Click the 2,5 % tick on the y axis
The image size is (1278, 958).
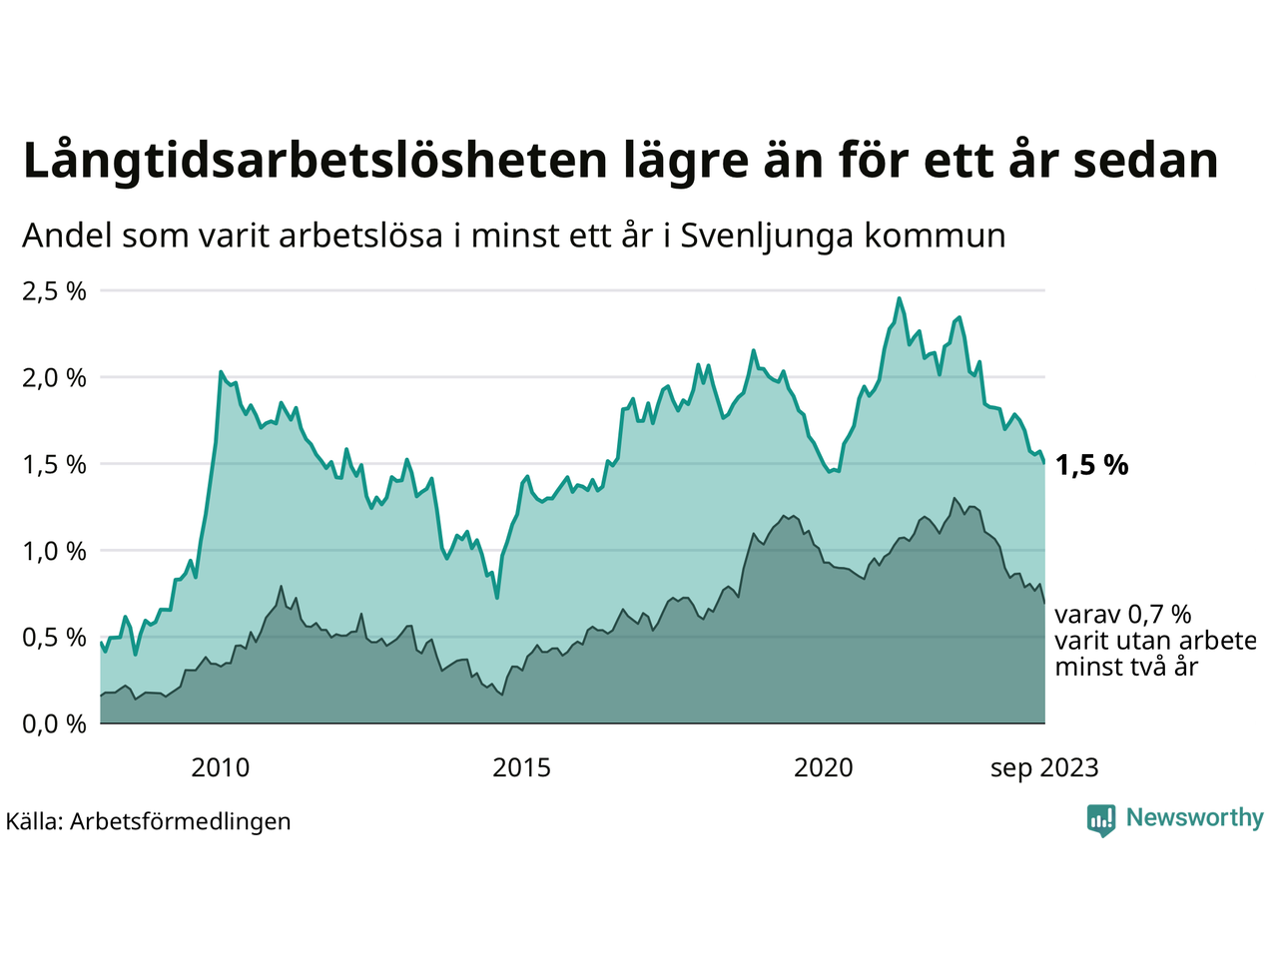54,291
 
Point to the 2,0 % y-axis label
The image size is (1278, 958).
54,378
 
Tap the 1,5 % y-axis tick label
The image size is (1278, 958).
54,464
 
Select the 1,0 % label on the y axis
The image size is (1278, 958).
54,551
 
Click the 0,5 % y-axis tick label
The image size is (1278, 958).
54,637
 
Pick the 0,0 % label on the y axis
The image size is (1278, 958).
54,723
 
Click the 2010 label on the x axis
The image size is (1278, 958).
221,767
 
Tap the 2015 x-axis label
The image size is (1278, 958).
522,767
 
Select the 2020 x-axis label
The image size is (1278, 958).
824,767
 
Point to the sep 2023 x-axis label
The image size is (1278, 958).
1044,767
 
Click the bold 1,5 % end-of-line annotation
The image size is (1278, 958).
1092,465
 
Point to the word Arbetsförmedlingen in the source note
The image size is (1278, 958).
181,821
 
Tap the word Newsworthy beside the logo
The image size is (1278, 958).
1194,818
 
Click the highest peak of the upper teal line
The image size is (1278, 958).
899,297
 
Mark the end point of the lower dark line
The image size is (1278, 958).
1044,603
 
